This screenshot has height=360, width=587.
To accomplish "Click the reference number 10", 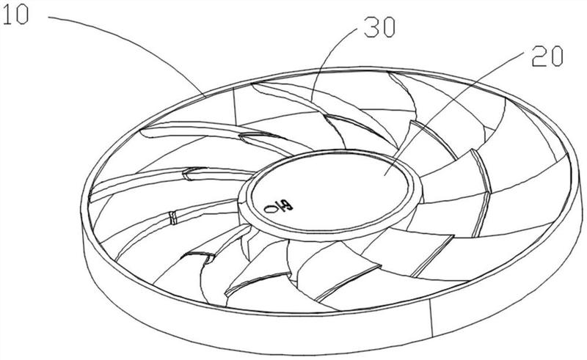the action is tap(15, 15).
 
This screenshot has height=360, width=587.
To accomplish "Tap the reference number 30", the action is tap(379, 28).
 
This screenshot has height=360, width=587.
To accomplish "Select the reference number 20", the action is tap(547, 56).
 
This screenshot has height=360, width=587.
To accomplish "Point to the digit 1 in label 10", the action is tap(7, 15).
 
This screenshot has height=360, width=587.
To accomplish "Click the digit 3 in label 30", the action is tap(371, 28).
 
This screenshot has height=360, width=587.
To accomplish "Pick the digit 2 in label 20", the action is tap(539, 56).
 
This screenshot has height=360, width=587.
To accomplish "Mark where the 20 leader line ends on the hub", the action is tap(384, 175).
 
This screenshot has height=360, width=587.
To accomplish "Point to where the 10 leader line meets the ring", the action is tap(207, 97).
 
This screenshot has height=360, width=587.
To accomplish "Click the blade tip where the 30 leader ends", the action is tap(312, 100).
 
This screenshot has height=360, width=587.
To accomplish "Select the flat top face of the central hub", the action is tap(329, 190).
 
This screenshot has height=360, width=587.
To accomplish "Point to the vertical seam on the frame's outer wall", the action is tap(431, 317).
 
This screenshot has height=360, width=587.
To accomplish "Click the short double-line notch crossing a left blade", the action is tap(172, 218).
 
